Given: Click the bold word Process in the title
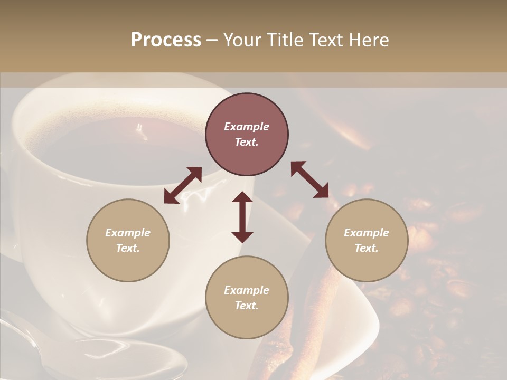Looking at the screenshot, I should pos(166,40).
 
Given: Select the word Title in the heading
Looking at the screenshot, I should pos(285,40).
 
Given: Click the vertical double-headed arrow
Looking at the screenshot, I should pos(242,217).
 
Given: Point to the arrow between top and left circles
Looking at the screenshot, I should pos(183,185).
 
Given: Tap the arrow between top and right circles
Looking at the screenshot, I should pos(310,180).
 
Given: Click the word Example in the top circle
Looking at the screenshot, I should pos(247,127).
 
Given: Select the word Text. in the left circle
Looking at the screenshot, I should pos(128,248).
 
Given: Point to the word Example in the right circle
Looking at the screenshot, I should pos(367,233).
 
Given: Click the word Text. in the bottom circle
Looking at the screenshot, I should pos(247,306).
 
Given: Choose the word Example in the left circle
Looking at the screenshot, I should pos(128,233).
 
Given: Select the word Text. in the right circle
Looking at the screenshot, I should pos(367,248).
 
